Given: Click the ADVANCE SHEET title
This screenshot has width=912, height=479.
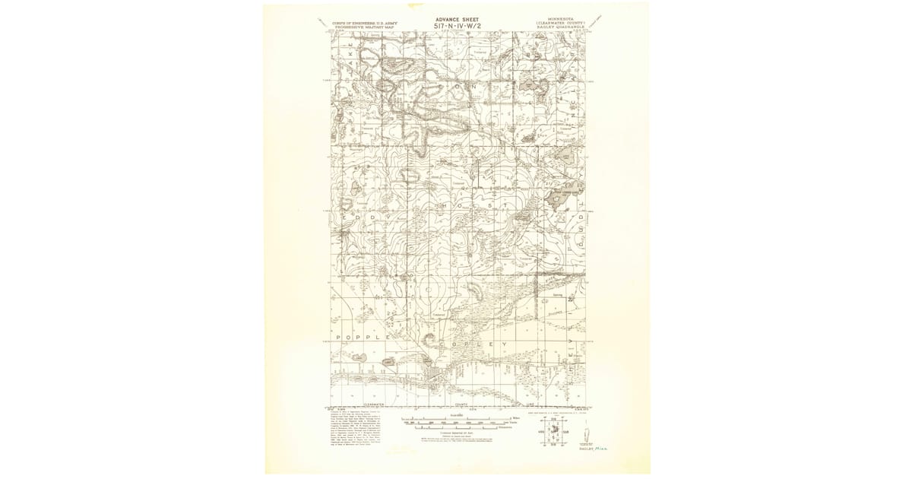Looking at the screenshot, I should pyautogui.click(x=457, y=19).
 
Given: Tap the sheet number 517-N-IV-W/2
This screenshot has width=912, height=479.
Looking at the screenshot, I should pyautogui.click(x=457, y=26).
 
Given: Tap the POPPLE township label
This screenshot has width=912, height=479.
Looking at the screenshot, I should pyautogui.click(x=360, y=335).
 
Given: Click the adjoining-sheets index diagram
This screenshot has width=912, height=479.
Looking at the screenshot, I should pyautogui.click(x=553, y=430).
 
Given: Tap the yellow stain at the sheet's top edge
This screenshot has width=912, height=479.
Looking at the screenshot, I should pyautogui.click(x=457, y=5).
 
